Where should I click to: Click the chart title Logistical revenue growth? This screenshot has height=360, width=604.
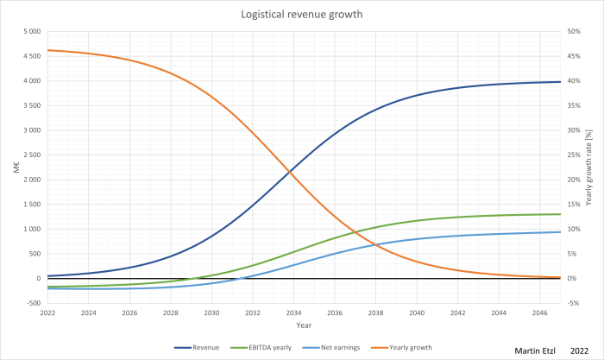301,15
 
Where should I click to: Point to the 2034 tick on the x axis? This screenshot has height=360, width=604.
293,313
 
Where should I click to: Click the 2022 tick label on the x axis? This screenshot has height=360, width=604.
47,313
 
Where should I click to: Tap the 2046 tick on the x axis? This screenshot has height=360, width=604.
540,313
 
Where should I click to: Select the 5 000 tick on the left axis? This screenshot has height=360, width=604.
31,32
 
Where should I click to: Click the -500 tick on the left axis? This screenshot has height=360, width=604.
33,303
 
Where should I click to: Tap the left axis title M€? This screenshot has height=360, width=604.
15,167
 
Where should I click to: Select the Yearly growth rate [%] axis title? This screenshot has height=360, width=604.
590,167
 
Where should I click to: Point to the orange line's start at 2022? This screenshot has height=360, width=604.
47,50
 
